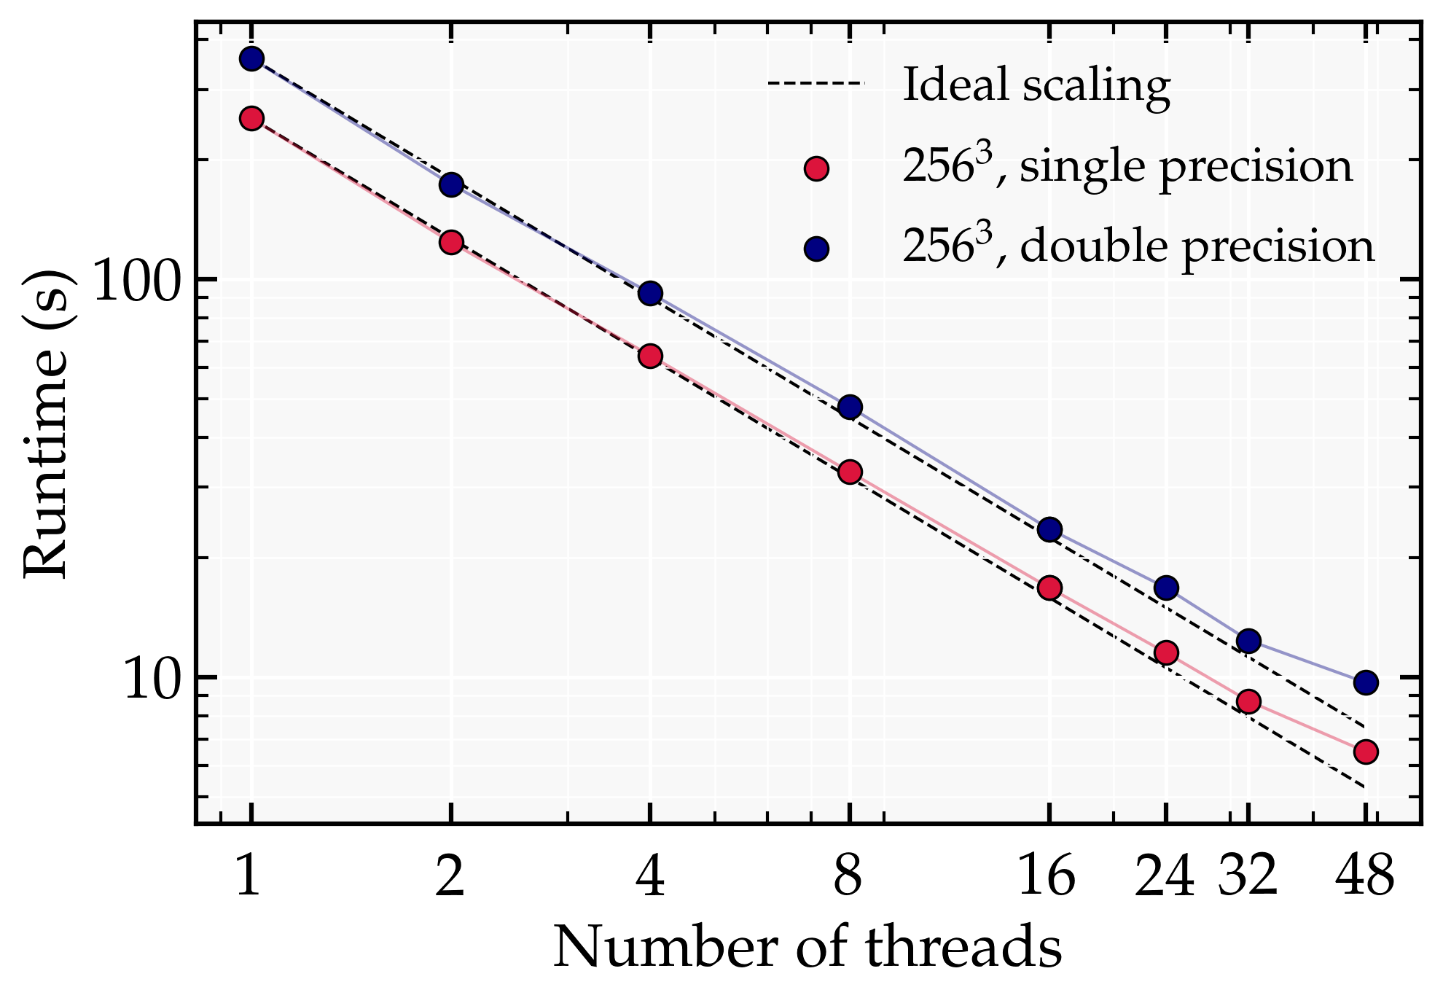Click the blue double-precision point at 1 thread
point(251,59)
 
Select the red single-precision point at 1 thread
point(251,118)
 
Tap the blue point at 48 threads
point(1365,683)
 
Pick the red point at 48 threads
point(1365,752)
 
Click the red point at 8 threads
point(850,472)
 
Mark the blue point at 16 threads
point(1049,529)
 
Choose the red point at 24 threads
point(1166,652)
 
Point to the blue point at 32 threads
point(1248,641)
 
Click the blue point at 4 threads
point(650,294)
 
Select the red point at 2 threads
point(451,242)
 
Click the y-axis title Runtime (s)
point(47,424)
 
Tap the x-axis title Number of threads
point(807,948)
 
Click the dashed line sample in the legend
point(816,84)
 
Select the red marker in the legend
point(816,169)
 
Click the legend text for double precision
point(1138,246)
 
